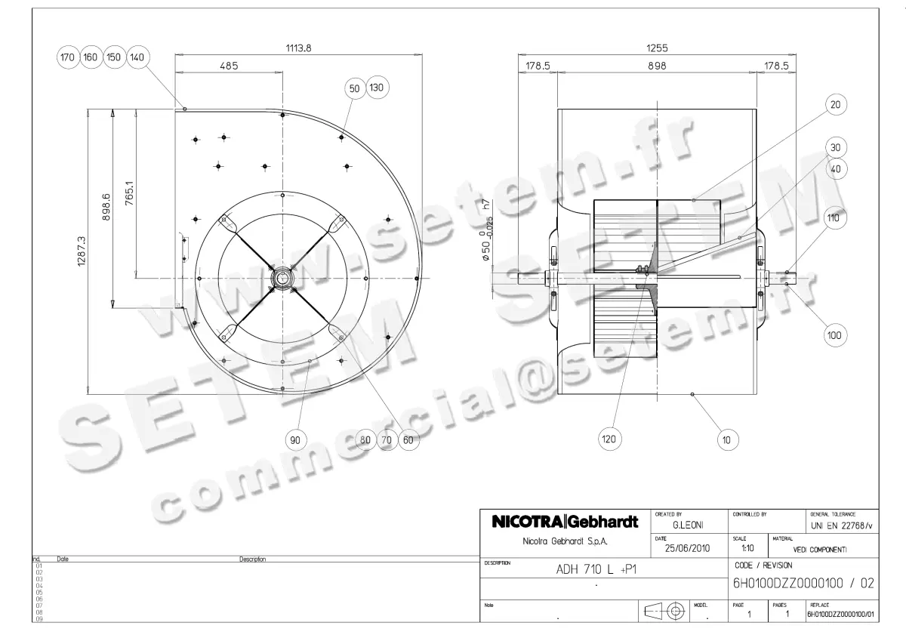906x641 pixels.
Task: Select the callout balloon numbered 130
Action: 377,88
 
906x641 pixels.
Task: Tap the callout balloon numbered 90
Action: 295,439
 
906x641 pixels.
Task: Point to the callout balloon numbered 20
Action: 834,104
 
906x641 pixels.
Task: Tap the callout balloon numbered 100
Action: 834,335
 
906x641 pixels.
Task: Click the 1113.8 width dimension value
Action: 298,48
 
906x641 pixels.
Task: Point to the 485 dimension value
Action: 229,66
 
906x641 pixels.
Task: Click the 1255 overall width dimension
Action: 657,48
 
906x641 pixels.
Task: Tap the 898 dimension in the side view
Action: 657,66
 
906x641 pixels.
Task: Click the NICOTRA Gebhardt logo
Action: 565,522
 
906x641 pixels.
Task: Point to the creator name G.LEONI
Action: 689,523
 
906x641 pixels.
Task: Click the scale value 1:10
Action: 748,548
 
